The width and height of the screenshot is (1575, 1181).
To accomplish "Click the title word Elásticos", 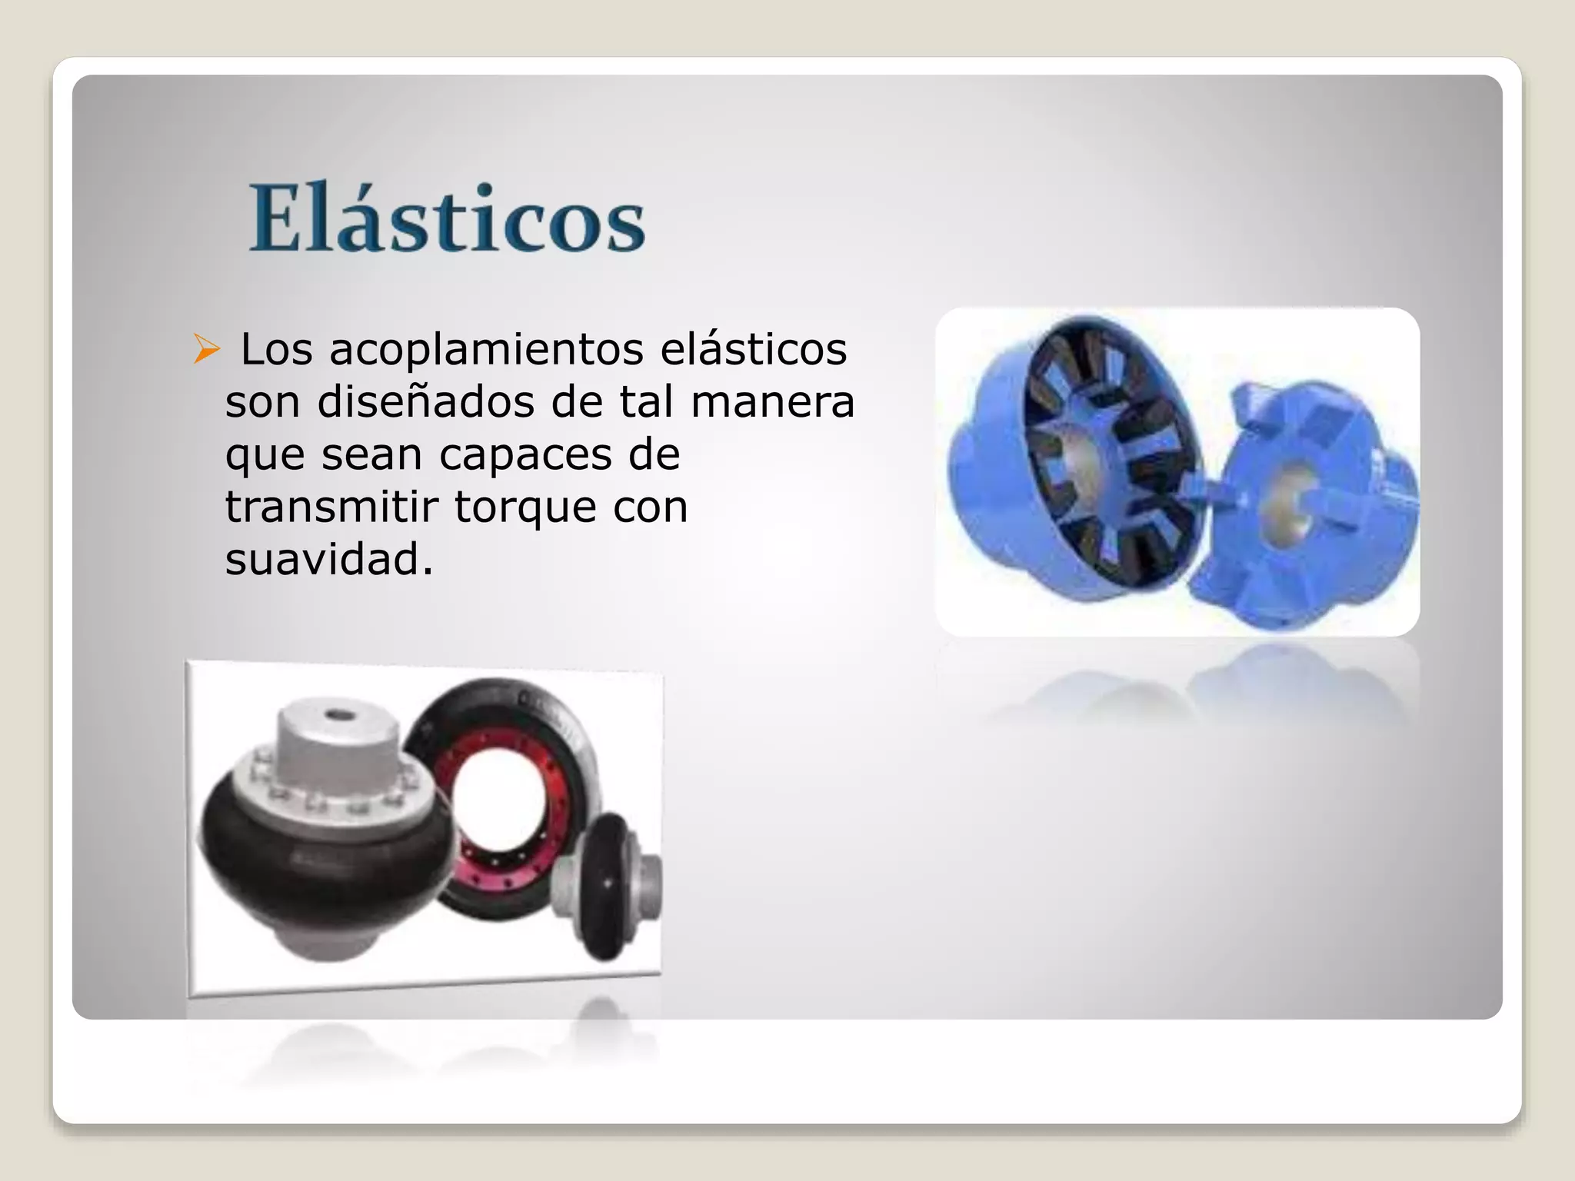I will (447, 219).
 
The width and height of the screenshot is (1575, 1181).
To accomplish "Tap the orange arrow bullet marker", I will (206, 349).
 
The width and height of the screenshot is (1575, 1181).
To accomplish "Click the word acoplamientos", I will (486, 350).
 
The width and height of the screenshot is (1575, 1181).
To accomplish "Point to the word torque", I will (525, 507).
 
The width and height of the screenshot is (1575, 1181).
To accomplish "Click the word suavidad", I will (329, 559).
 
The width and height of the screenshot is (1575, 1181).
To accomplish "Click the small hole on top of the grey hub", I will (335, 715).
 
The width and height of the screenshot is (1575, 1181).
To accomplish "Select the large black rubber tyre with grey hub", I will (308, 861).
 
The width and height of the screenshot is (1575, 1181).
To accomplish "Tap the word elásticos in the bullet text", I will (754, 350).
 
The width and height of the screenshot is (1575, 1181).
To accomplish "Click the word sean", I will (371, 454).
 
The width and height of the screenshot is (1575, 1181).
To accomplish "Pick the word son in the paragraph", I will (262, 401).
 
